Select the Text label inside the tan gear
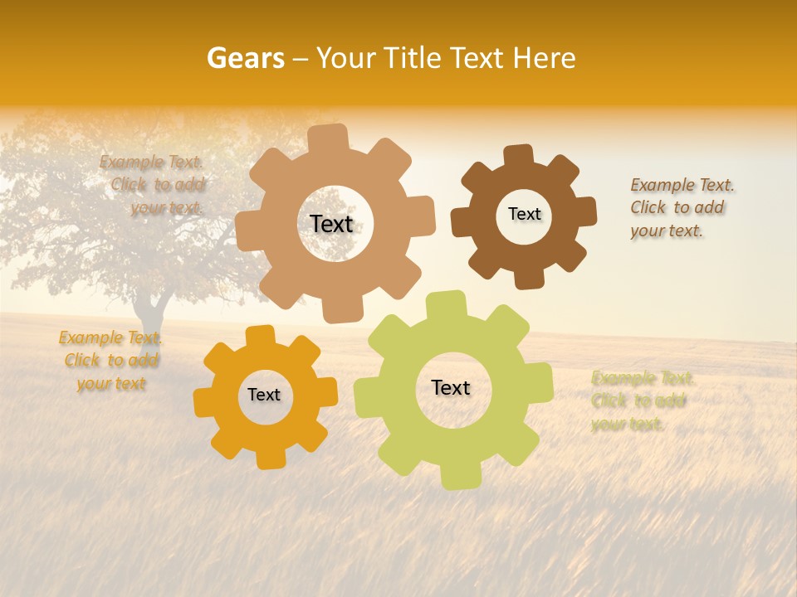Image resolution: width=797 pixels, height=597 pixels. pyautogui.click(x=331, y=224)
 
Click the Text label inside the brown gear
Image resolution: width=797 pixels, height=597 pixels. pyautogui.click(x=524, y=214)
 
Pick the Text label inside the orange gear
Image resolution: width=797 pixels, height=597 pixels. pyautogui.click(x=264, y=395)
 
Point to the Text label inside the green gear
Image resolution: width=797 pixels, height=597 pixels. pyautogui.click(x=451, y=387)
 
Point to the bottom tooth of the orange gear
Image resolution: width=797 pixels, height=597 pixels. pyautogui.click(x=270, y=458)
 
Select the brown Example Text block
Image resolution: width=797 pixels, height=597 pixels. pyautogui.click(x=681, y=207)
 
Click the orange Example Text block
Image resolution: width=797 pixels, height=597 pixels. pyautogui.click(x=110, y=361)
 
